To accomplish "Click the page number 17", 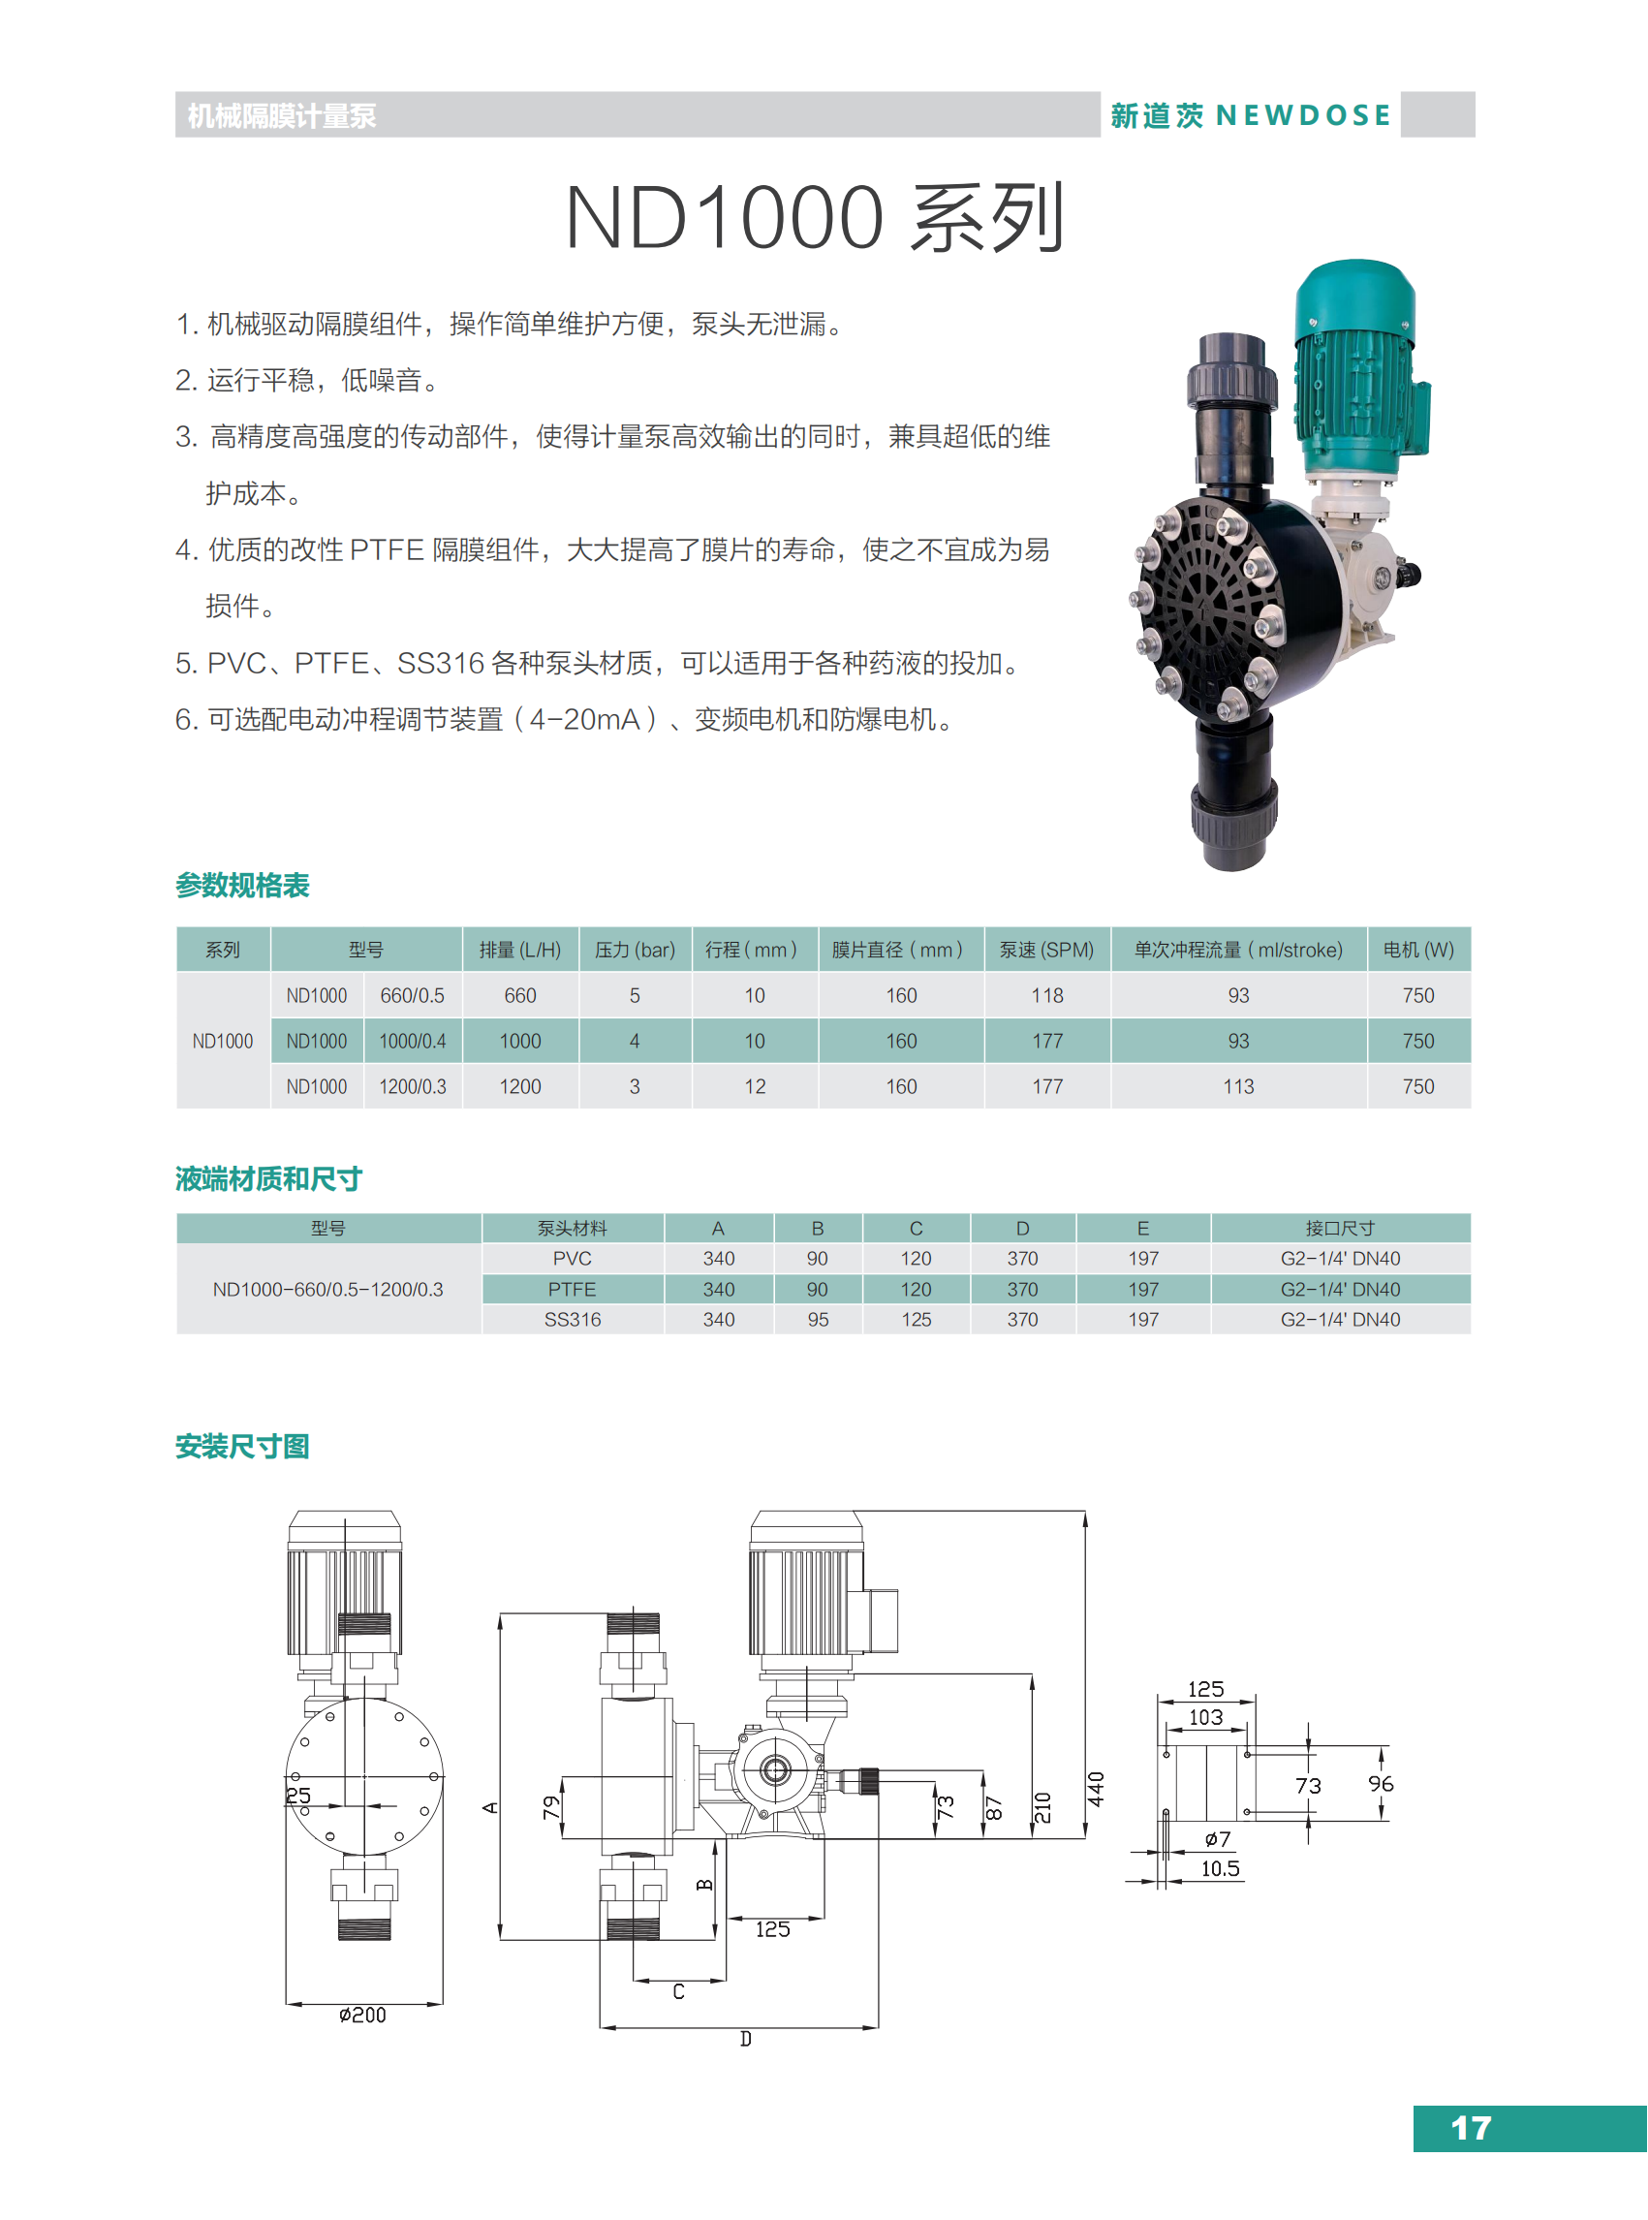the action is point(1471,2128).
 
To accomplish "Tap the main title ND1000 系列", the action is point(815,216).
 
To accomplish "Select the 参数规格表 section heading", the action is point(242,885).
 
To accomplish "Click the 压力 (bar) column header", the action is point(635,950).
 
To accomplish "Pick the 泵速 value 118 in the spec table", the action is point(1046,996).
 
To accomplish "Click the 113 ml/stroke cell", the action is point(1238,1086).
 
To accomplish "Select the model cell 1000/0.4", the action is point(412,1042).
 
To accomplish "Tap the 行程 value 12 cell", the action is point(754,1086).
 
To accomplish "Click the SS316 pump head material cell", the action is point(573,1319).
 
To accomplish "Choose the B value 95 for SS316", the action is point(817,1319).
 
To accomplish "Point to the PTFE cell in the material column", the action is point(572,1289).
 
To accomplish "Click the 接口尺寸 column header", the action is point(1340,1229).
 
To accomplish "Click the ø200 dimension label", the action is point(362,2016).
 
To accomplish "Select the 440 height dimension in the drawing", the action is point(1096,1789).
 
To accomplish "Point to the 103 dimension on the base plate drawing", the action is point(1205,1717).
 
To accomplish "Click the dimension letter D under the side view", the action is point(745,2040).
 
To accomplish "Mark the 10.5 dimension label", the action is point(1220,1869).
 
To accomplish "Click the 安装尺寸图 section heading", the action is point(242,1447).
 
